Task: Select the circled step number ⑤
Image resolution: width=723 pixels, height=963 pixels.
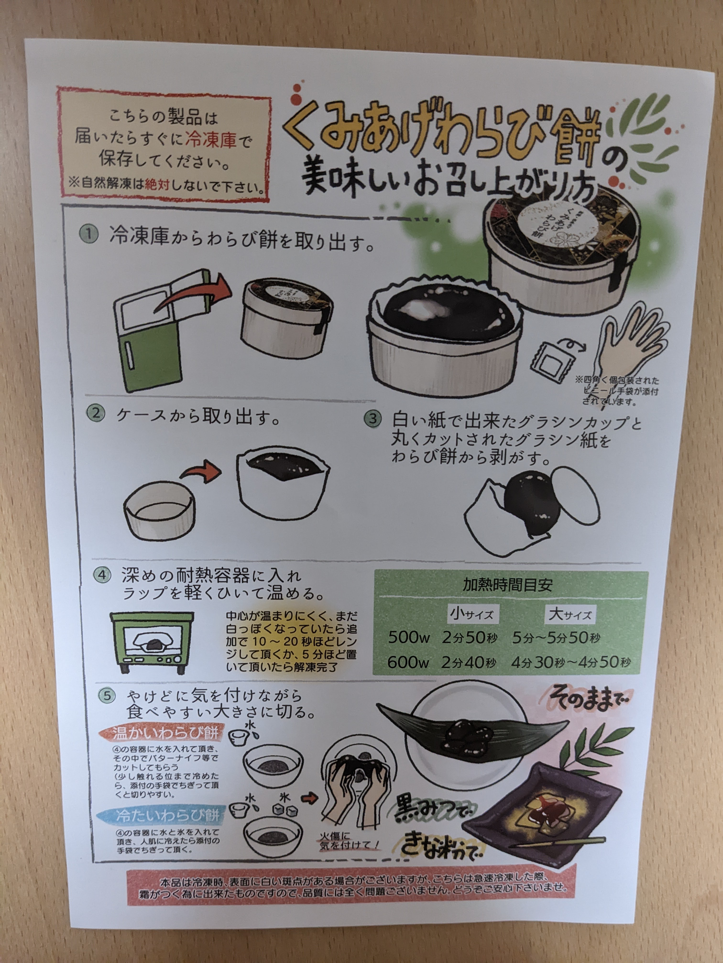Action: tap(107, 696)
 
